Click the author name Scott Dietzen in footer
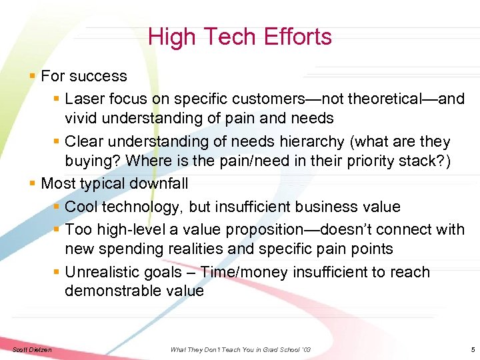[32, 350]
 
